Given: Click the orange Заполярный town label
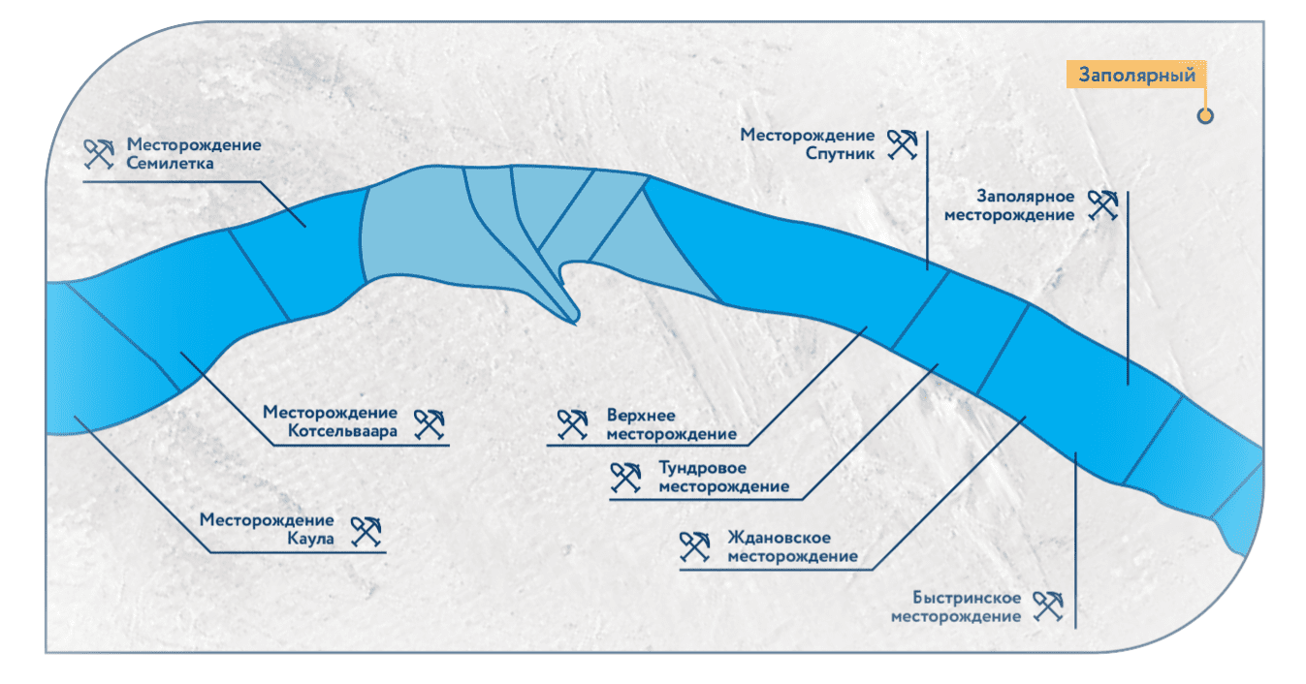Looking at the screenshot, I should click(x=1135, y=75).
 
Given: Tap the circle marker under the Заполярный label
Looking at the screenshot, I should click(x=1205, y=116).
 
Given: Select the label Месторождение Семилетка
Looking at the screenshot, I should click(x=194, y=154).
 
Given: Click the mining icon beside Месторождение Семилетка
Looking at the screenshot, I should click(x=99, y=153).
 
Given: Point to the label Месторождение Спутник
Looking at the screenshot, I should click(x=807, y=144).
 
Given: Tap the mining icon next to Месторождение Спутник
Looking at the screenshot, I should click(x=903, y=144).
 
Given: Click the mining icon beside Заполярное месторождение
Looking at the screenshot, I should click(x=1102, y=204).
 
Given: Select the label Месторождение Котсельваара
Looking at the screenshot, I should click(x=330, y=421).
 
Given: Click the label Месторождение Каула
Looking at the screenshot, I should click(x=267, y=529).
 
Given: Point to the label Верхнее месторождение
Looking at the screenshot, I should click(x=671, y=424).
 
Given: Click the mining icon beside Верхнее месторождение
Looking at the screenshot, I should click(x=573, y=424).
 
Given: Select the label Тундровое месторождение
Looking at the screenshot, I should click(x=723, y=477).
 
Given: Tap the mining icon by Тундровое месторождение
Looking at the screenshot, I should click(x=625, y=477).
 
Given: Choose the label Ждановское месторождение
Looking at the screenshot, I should click(x=792, y=547).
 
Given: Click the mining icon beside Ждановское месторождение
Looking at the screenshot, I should click(x=695, y=547).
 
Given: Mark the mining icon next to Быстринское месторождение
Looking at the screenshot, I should click(x=1048, y=606).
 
